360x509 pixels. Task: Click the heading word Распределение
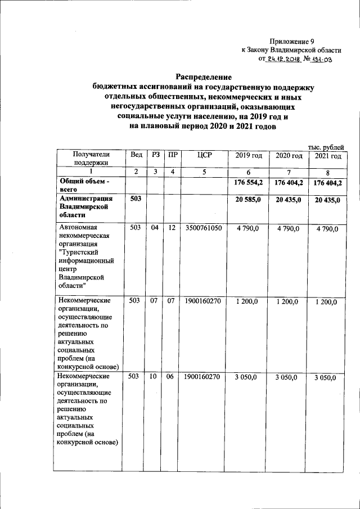(204, 76)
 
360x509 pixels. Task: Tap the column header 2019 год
(249, 156)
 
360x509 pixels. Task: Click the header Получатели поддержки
(90, 159)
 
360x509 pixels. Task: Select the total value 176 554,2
(249, 182)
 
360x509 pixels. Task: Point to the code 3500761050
(203, 228)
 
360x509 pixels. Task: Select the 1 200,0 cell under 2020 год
(288, 302)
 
